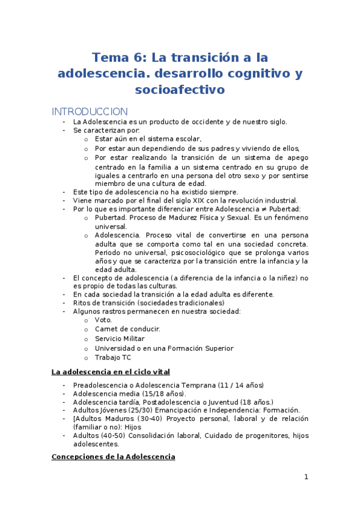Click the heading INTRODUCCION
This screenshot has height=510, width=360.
[90, 111]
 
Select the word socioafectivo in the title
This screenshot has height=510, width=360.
[180, 90]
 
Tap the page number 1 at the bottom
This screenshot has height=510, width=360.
[306, 477]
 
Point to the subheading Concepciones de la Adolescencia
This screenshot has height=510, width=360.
[113, 457]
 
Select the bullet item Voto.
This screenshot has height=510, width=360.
[103, 320]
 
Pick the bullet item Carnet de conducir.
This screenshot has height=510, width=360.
[127, 329]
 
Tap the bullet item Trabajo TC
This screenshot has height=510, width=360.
[113, 357]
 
